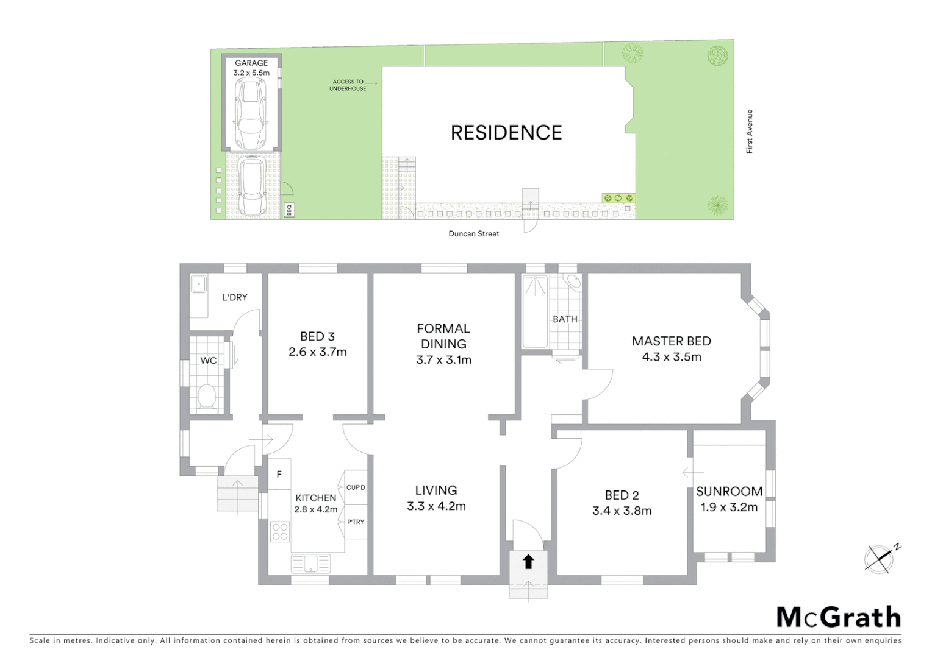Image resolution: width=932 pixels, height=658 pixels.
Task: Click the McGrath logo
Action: click(x=839, y=617)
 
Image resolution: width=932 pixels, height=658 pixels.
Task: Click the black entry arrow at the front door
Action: click(x=528, y=562)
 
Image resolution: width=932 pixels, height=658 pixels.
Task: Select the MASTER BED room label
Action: click(x=671, y=341)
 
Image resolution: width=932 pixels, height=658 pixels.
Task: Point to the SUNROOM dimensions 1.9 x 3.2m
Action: click(x=729, y=508)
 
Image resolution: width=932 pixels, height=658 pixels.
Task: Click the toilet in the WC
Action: click(x=207, y=396)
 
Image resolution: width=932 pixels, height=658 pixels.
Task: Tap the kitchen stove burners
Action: click(x=280, y=532)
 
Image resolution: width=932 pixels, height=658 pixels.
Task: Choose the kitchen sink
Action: click(x=310, y=564)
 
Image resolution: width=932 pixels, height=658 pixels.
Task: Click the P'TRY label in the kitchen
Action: click(x=356, y=522)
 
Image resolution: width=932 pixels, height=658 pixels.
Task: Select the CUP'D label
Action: click(x=356, y=487)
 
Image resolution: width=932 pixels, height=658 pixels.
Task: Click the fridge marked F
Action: click(x=279, y=474)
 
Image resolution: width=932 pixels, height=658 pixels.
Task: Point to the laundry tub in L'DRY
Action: click(x=198, y=285)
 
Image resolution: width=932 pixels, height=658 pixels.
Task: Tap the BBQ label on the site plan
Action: click(x=290, y=210)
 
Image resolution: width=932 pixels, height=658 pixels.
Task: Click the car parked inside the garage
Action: click(x=251, y=114)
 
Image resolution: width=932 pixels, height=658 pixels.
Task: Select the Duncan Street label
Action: click(x=474, y=234)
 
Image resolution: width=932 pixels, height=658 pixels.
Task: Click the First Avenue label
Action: click(x=750, y=132)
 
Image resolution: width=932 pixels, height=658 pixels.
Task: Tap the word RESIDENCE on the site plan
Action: click(x=506, y=133)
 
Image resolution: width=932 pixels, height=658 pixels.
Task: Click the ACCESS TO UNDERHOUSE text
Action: click(x=348, y=85)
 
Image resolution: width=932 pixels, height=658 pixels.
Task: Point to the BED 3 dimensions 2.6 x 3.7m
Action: click(x=317, y=352)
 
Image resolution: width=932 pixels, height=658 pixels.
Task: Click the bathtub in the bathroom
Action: click(x=535, y=312)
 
